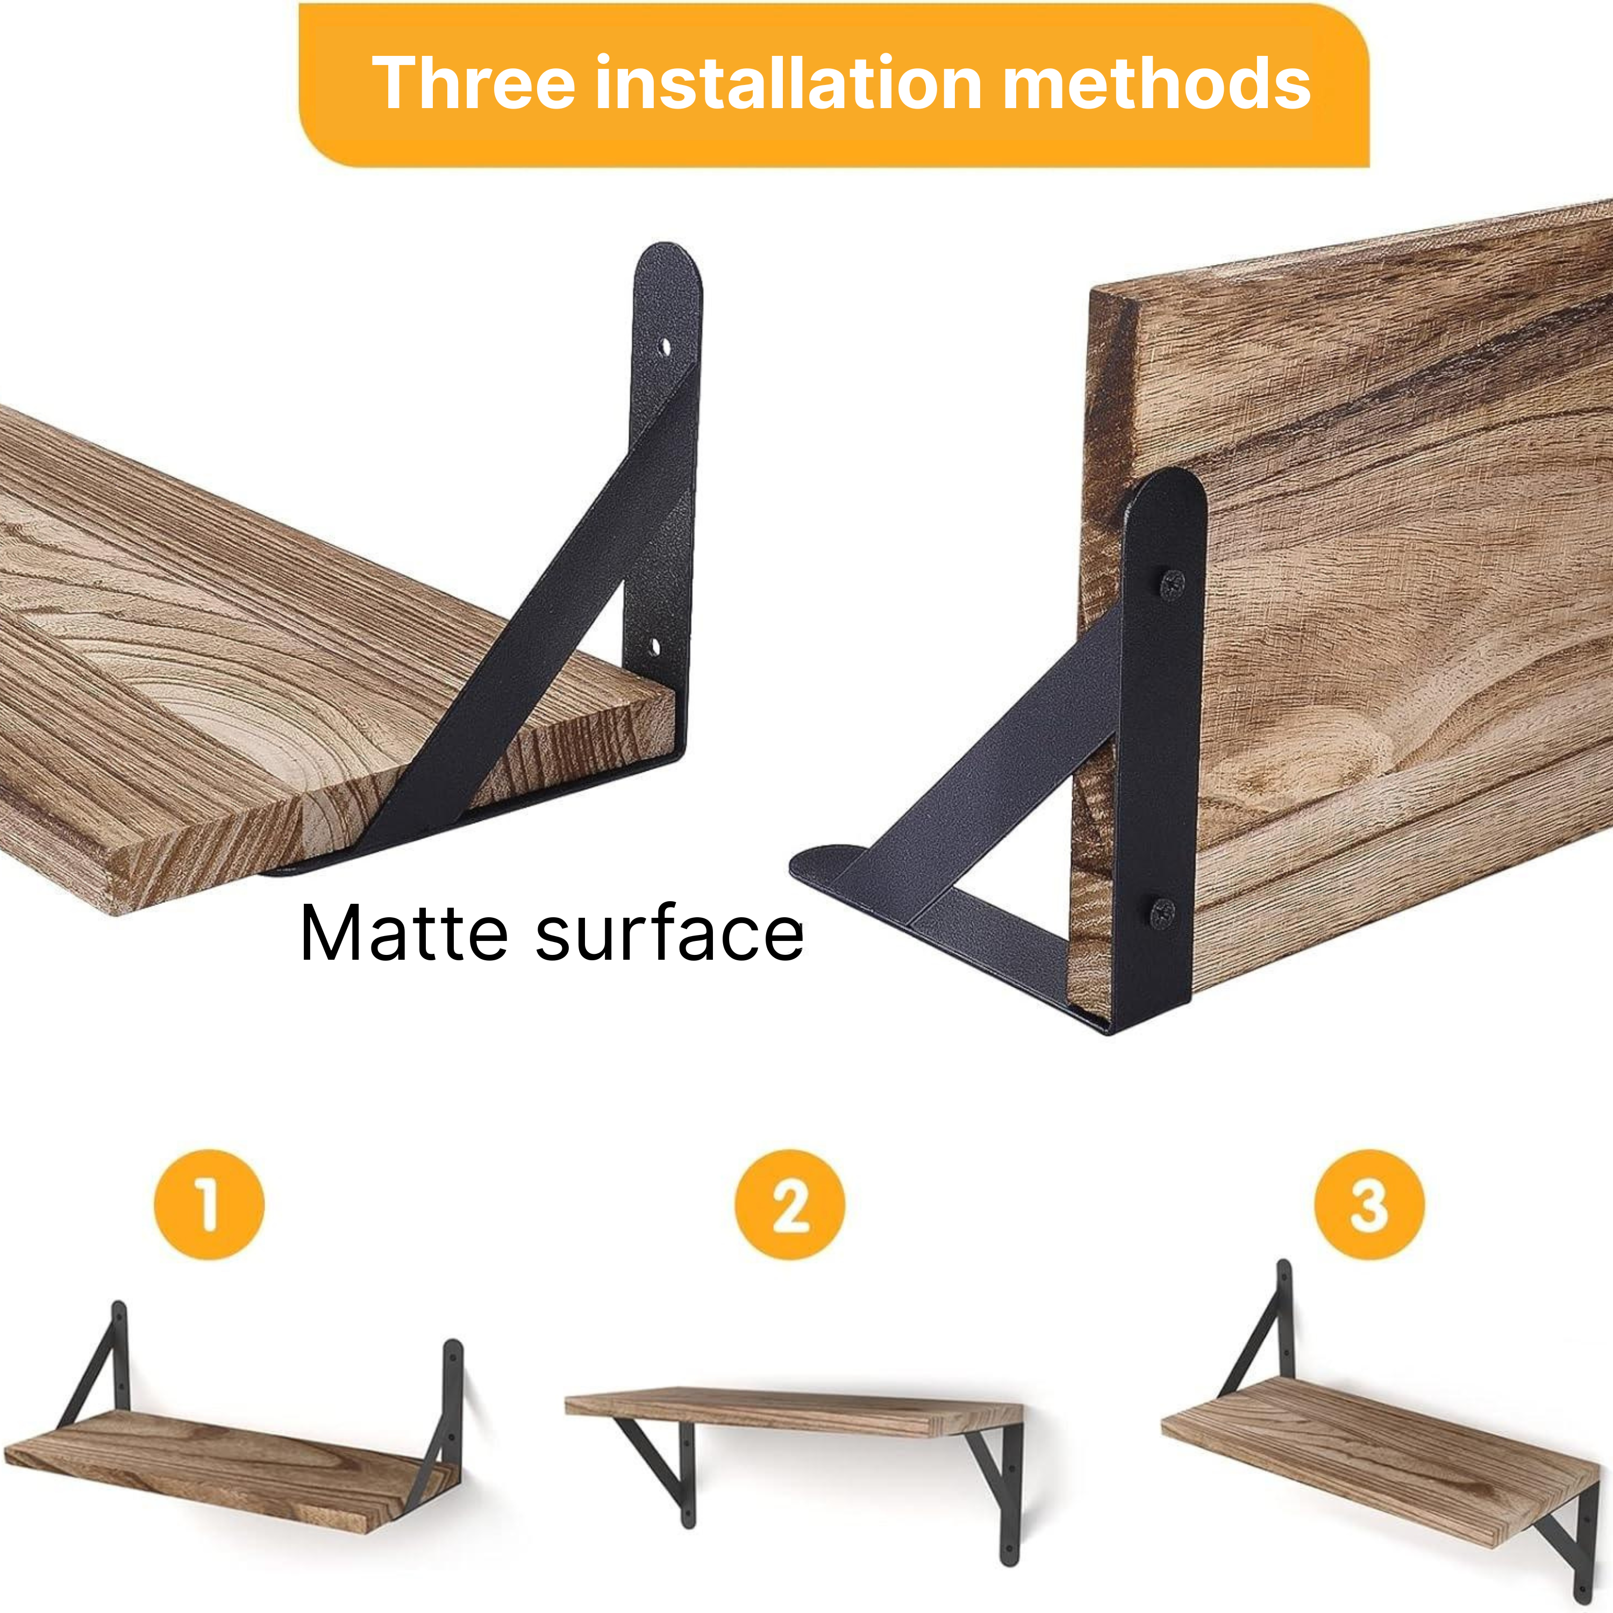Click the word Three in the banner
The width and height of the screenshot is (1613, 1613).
pos(473,83)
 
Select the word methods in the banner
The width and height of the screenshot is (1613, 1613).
pos(1157,83)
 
